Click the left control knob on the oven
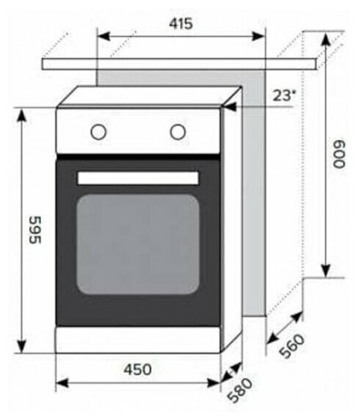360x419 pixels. pyautogui.click(x=98, y=132)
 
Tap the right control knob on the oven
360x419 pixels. pyautogui.click(x=177, y=132)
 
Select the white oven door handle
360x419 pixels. pyautogui.click(x=138, y=177)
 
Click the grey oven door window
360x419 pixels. pyautogui.click(x=138, y=244)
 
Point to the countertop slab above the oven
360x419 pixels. pyautogui.click(x=180, y=64)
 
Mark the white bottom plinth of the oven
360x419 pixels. pyautogui.click(x=138, y=340)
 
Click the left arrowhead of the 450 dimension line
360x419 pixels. pyautogui.click(x=60, y=383)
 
